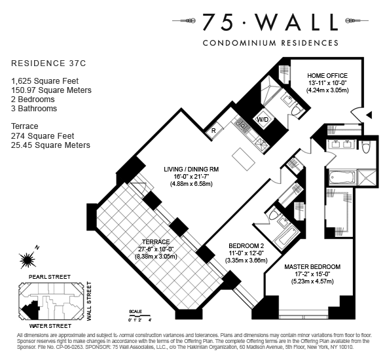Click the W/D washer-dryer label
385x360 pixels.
point(262,120)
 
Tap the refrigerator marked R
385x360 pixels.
point(213,130)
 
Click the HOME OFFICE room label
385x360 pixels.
point(327,75)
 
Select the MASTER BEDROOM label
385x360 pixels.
point(312,267)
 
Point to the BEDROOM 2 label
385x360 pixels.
point(246,246)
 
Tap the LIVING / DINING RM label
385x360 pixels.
point(191,170)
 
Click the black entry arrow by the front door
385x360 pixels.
point(369,115)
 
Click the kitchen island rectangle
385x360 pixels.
point(244,160)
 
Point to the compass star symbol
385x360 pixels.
point(27,260)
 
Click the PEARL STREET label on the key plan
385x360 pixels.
point(50,277)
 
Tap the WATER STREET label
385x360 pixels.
point(50,326)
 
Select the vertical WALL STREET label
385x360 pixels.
point(89,301)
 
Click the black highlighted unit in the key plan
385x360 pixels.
point(31,310)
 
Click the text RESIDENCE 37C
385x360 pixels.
point(48,63)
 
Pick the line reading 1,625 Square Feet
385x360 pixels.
point(45,81)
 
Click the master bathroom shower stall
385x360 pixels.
point(367,177)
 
